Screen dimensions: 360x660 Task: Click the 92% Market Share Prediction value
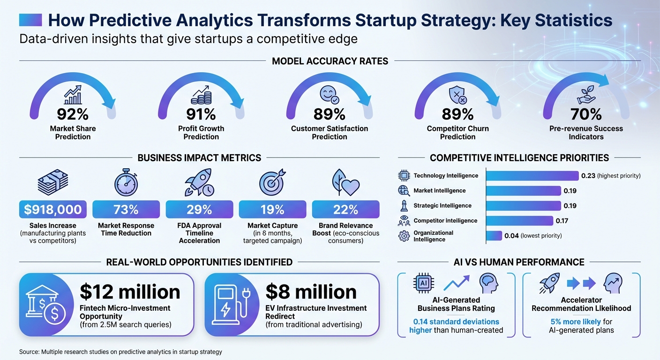coord(73,114)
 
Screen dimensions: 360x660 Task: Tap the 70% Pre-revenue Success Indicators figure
coord(586,114)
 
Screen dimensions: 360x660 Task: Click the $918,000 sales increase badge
coord(53,210)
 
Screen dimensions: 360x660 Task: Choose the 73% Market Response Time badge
coord(126,210)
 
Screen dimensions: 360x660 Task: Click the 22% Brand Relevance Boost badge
coord(345,210)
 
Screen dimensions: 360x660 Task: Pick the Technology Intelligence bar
coord(532,176)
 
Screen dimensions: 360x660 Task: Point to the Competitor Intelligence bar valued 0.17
coord(519,221)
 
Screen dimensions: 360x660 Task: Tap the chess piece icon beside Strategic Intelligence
coord(404,206)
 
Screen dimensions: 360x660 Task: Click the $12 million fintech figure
coord(130,292)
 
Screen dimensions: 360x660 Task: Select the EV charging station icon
coord(227,304)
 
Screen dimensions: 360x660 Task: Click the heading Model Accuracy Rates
coord(330,61)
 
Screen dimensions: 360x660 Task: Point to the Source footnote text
coord(120,352)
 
